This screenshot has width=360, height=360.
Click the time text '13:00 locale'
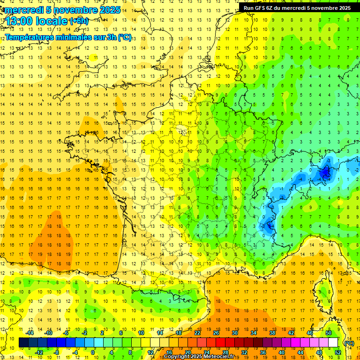37,21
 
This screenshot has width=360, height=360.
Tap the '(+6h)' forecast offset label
78,21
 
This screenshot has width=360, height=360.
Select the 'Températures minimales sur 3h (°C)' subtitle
68,37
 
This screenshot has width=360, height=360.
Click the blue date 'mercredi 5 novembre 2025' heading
62,9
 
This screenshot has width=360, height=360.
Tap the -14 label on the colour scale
31,332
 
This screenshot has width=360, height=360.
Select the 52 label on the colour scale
337,352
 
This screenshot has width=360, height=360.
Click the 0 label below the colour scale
93,352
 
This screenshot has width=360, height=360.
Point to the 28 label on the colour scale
225,352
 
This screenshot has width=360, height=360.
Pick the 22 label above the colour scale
197,332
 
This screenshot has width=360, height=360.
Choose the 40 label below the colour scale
281,352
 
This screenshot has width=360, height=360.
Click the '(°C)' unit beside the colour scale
349,343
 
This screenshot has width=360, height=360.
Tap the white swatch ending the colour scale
333,343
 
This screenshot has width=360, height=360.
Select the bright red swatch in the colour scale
221,343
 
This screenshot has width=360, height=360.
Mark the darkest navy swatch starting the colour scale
23,343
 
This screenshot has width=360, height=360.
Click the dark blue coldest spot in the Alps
325,174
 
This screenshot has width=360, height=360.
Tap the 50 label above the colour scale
328,332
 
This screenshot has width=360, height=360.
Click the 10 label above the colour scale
141,332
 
